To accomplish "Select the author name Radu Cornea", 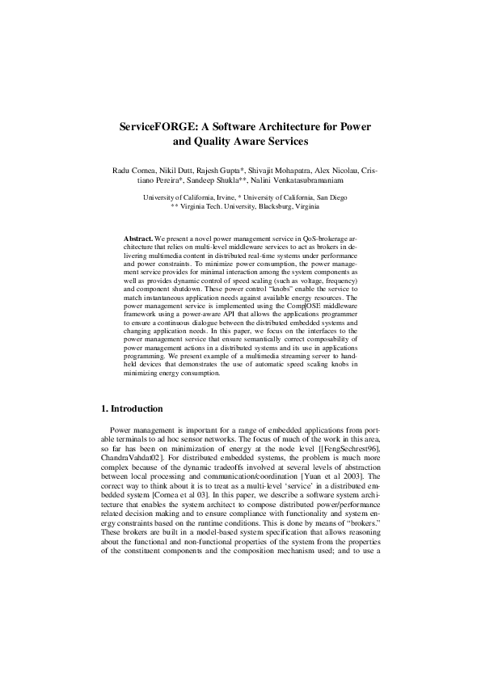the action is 132,172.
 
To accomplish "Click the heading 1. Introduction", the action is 130,409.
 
